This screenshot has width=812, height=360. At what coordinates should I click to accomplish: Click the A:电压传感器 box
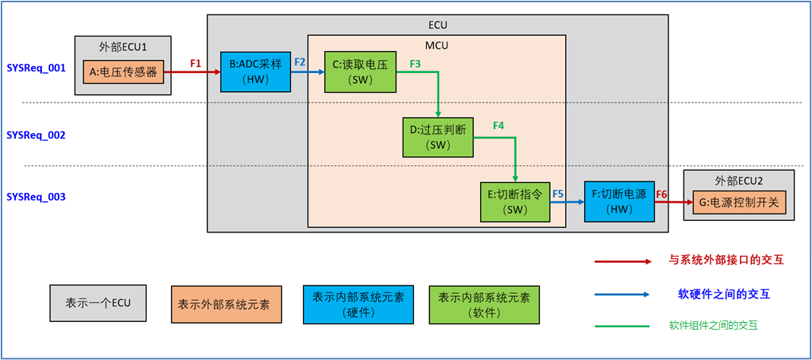tap(123, 73)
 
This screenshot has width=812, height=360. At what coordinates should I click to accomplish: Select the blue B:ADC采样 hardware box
tap(255, 72)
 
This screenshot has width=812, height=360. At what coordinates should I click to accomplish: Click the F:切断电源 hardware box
tap(619, 201)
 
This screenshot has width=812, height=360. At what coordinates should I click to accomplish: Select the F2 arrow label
tap(300, 62)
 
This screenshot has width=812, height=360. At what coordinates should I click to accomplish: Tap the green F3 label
tap(415, 64)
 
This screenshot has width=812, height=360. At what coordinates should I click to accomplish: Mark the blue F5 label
tap(558, 193)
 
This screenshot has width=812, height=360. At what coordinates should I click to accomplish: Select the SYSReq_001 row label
tap(36, 68)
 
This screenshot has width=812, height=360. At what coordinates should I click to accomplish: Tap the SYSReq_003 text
tap(36, 197)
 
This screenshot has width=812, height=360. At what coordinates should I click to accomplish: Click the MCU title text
tap(436, 45)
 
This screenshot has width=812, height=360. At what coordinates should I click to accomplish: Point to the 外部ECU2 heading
tap(738, 182)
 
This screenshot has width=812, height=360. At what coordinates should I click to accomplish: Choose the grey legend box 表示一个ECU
tap(98, 303)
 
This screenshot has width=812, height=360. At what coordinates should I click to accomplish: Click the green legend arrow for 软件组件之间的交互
tap(623, 325)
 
